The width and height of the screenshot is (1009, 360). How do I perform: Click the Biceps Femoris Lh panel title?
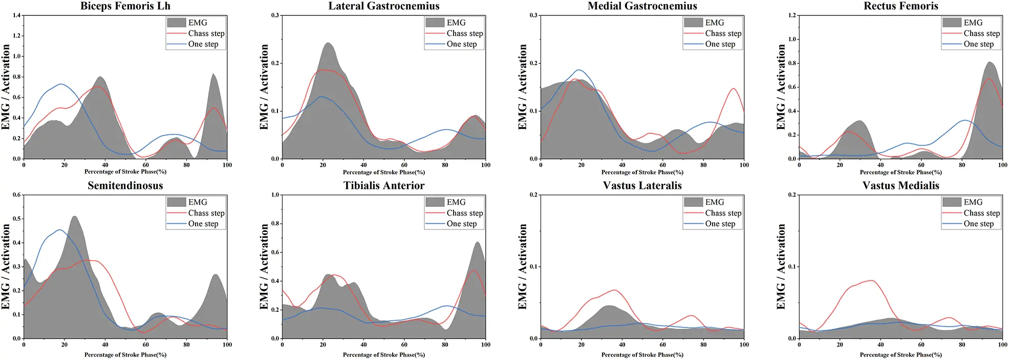click(125, 6)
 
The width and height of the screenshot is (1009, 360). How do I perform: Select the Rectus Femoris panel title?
click(900, 6)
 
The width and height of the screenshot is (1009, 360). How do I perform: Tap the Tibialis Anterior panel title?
click(383, 186)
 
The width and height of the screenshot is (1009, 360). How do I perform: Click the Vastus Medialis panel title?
click(900, 186)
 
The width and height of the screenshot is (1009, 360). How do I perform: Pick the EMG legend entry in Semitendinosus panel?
click(197, 202)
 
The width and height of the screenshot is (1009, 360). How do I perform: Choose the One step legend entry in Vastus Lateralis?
click(720, 224)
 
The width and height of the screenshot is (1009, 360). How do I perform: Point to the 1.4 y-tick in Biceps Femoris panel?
click(17, 15)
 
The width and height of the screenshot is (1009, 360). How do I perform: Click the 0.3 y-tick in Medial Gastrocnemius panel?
click(533, 15)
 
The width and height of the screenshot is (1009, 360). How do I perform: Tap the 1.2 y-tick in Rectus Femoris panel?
click(792, 15)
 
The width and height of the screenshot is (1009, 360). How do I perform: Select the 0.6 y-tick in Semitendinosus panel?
click(17, 195)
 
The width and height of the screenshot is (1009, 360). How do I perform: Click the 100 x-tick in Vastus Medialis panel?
click(1002, 345)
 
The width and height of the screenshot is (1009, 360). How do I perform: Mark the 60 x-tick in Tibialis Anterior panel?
click(404, 345)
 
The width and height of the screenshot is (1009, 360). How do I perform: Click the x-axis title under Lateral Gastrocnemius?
click(383, 172)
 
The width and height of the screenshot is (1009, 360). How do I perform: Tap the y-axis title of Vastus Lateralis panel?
click(522, 266)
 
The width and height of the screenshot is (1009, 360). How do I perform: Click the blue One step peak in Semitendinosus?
click(60, 229)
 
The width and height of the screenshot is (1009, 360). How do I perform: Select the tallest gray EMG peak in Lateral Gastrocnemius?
click(328, 43)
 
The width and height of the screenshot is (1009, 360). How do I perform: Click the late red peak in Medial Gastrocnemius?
click(734, 89)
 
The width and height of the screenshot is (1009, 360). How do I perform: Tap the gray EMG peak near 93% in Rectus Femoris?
click(989, 62)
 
